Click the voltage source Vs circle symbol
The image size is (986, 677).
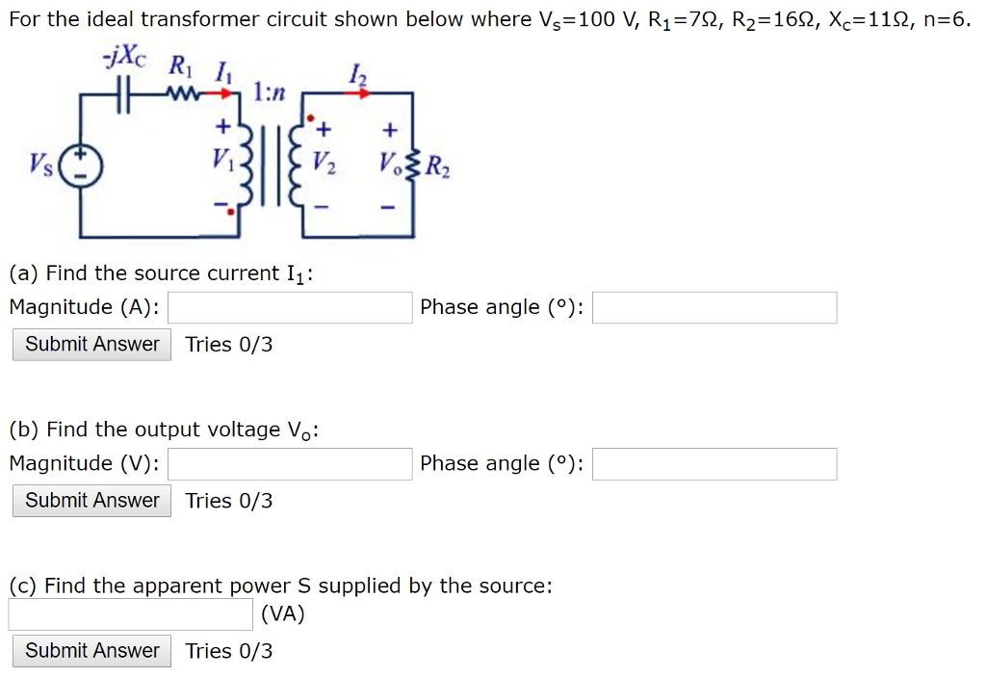(x=81, y=166)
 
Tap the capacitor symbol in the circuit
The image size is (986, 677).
(x=124, y=94)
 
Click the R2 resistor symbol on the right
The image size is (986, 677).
(x=412, y=166)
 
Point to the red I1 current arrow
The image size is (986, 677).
(x=221, y=94)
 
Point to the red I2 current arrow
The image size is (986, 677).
(x=358, y=93)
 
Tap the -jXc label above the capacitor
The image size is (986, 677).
(x=124, y=57)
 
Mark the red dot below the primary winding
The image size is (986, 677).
(x=231, y=212)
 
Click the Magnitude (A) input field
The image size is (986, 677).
(x=290, y=307)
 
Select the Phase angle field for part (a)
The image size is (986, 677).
(x=714, y=307)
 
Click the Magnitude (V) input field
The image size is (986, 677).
(x=290, y=464)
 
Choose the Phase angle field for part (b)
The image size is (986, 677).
(x=714, y=464)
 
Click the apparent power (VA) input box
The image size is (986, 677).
(x=131, y=614)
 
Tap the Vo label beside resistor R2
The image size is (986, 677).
(x=389, y=165)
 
